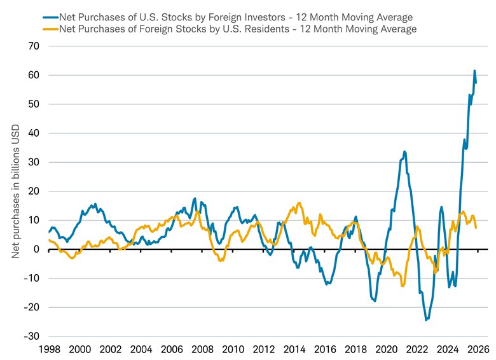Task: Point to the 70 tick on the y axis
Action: pyautogui.click(x=33, y=46)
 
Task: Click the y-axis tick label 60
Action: pyautogui.click(x=33, y=75)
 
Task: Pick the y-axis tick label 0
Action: pyautogui.click(x=36, y=249)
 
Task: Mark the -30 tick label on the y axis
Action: pyautogui.click(x=31, y=336)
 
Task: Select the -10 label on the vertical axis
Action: pyautogui.click(x=31, y=279)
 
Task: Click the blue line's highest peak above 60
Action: pyautogui.click(x=474, y=71)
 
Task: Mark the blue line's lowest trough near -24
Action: pyautogui.click(x=426, y=320)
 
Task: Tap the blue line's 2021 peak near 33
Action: pyautogui.click(x=404, y=152)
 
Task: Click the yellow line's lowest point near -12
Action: pyautogui.click(x=403, y=286)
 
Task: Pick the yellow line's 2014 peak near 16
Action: pyautogui.click(x=300, y=204)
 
